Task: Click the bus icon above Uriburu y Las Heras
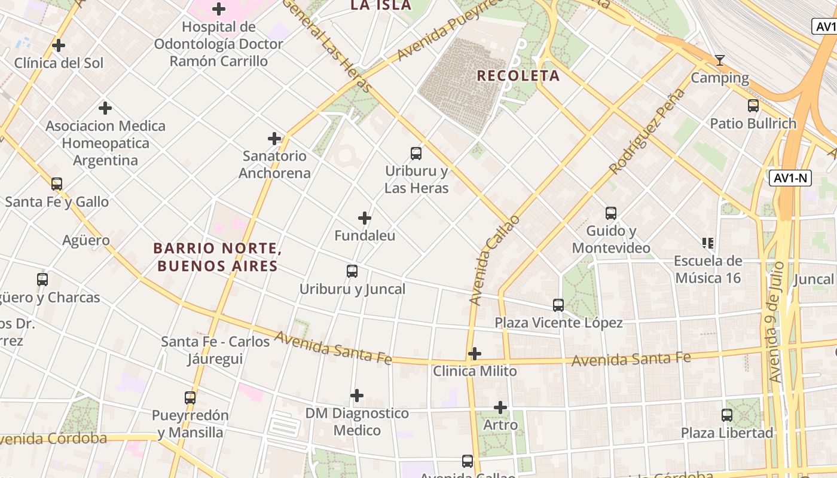tap(416, 153)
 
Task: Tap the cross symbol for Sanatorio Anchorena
tap(274, 139)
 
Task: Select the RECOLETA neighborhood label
tap(518, 76)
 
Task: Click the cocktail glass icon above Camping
tap(720, 60)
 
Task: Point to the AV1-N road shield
tap(790, 178)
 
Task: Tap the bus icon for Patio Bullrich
tap(753, 106)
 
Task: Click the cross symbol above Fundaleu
tap(365, 218)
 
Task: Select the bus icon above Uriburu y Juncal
tap(352, 271)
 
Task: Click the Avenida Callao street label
tap(494, 261)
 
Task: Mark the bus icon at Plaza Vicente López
tap(558, 305)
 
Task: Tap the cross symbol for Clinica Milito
tap(475, 354)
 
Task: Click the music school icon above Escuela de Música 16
tap(708, 243)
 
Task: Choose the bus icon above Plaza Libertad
tap(727, 415)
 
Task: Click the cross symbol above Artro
tap(500, 407)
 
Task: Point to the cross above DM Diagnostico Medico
tap(357, 396)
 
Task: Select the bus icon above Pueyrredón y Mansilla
tap(190, 397)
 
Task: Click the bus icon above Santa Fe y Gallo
tap(57, 184)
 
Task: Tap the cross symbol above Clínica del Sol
tap(59, 45)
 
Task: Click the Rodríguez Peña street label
tap(647, 131)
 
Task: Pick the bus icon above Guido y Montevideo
tap(611, 213)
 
